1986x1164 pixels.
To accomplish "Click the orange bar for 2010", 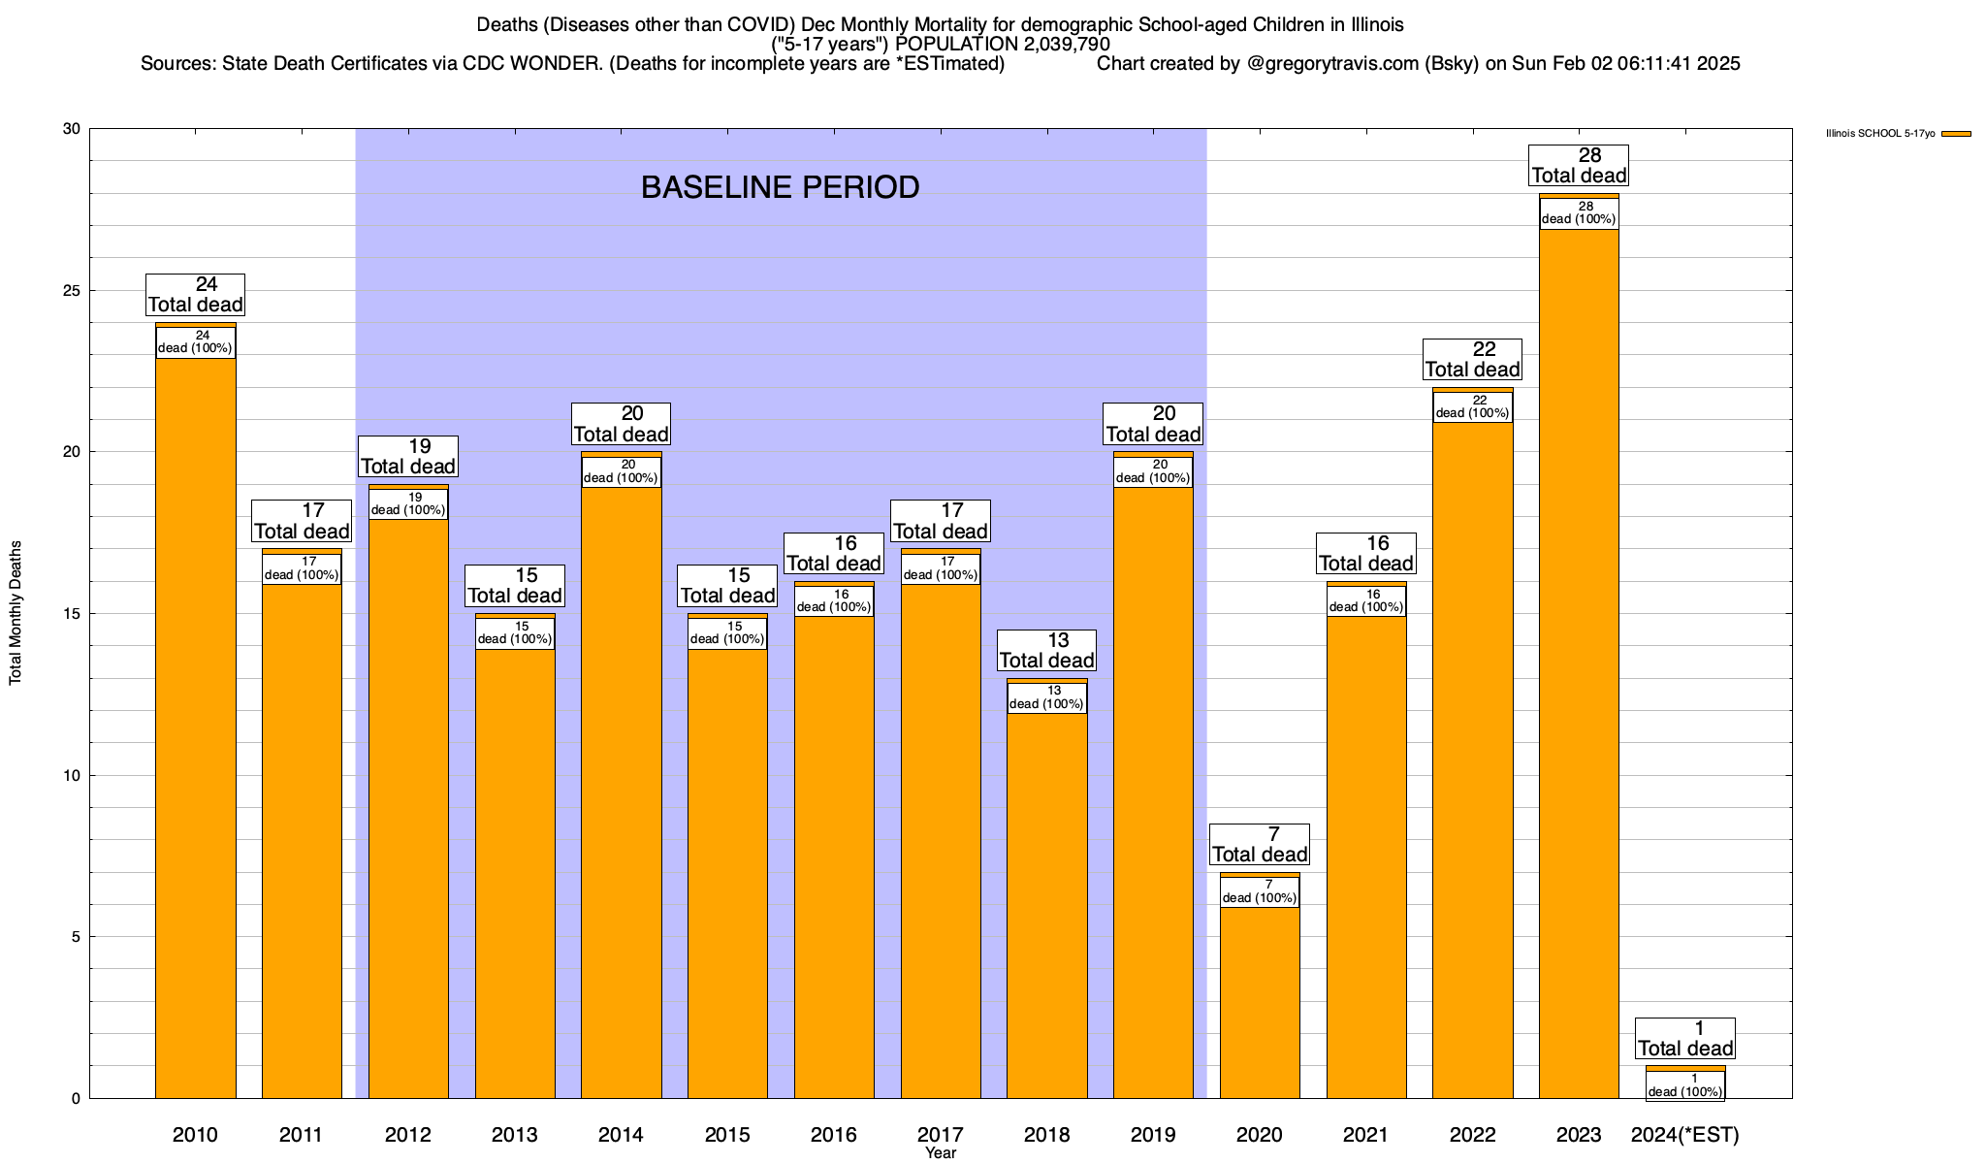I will pos(195,727).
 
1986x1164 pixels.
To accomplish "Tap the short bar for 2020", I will pos(1260,999).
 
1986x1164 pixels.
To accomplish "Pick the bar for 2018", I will pos(1046,902).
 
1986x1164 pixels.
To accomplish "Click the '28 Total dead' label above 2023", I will pos(1579,166).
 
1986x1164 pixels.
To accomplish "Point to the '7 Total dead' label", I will pos(1260,845).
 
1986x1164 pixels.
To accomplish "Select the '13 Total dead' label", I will pos(1046,651).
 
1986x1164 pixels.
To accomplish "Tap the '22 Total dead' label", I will pos(1472,360).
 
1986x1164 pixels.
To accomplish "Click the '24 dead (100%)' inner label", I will pos(195,342).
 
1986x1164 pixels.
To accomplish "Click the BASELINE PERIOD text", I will pos(780,187).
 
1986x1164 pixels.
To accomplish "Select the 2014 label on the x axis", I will pos(621,1135).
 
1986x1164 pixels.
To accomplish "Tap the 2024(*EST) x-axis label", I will pos(1685,1135).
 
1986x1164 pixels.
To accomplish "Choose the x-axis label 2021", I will pos(1366,1135).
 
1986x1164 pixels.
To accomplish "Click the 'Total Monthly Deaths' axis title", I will pos(16,612).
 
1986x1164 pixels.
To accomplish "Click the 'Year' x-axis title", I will pos(940,1153).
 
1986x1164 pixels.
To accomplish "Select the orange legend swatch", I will pos(1956,134).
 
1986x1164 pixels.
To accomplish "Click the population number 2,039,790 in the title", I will pos(1053,45).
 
